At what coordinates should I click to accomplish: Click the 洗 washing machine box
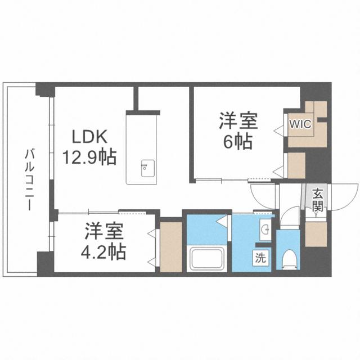tap(261, 259)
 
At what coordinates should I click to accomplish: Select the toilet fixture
tap(289, 256)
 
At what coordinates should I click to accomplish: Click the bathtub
tap(207, 259)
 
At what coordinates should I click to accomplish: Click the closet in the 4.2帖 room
tap(171, 246)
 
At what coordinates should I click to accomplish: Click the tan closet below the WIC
tap(296, 165)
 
